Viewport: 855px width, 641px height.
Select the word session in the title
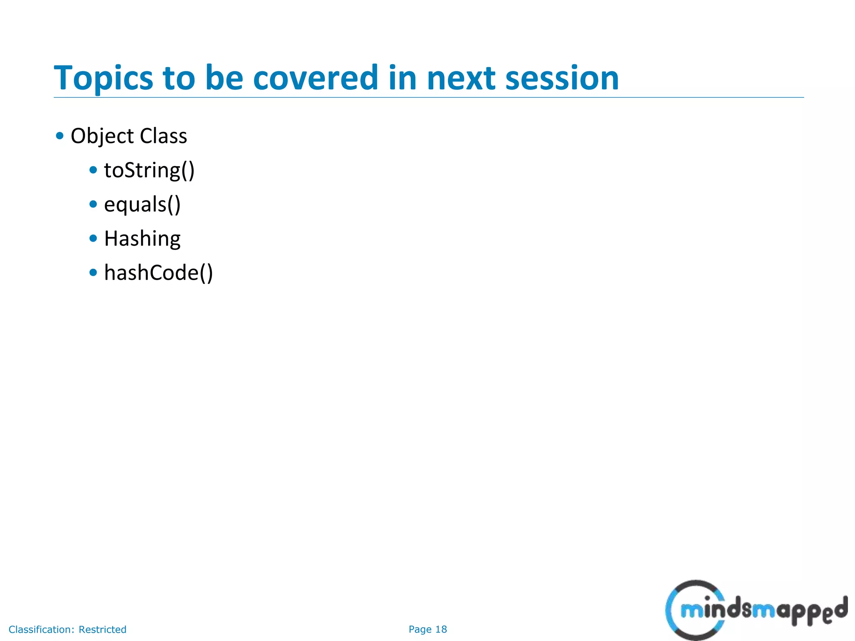coord(562,78)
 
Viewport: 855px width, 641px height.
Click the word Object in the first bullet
coord(102,136)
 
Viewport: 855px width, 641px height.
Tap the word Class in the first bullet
coord(163,136)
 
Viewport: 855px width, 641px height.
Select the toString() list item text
coord(149,170)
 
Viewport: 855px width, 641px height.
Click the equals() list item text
coord(142,204)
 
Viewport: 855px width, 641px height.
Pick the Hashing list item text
coord(142,239)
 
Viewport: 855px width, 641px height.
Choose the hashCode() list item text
coord(158,273)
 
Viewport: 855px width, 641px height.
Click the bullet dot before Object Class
coord(60,136)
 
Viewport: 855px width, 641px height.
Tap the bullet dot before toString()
coord(93,170)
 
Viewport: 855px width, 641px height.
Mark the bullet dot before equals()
coord(93,204)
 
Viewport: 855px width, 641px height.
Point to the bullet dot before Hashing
coord(93,238)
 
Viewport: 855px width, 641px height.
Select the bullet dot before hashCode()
coord(93,273)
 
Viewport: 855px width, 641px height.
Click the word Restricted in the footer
coord(102,629)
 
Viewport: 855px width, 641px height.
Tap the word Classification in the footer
coord(41,629)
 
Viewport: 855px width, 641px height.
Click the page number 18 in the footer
coord(441,629)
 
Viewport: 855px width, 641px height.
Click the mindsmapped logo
coord(756,611)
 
